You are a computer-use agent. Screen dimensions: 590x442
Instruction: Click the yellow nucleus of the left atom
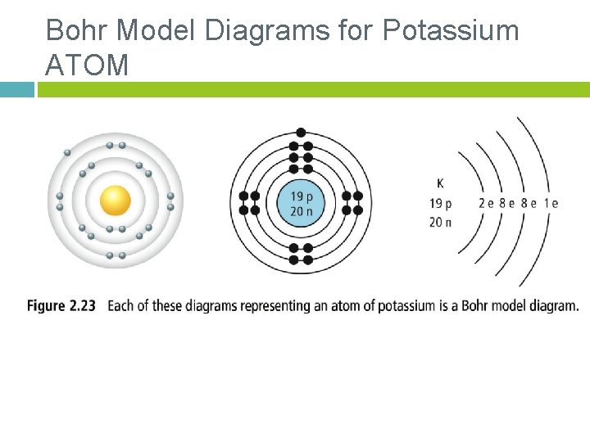[116, 201]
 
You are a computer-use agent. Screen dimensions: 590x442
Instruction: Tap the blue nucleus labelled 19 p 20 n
[301, 203]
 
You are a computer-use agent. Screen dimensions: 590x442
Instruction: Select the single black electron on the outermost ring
[301, 133]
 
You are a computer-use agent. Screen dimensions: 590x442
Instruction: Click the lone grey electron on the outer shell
[67, 152]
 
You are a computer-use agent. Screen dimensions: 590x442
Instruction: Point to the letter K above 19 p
[440, 183]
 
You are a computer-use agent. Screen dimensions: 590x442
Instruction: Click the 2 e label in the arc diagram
[486, 203]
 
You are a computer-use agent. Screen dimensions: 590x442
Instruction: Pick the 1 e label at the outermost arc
[551, 203]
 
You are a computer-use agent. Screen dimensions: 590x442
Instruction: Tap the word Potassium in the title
[451, 29]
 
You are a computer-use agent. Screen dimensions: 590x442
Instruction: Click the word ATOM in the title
[87, 65]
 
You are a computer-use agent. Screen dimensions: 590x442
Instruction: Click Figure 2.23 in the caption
[61, 305]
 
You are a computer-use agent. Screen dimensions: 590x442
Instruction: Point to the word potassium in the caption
[406, 306]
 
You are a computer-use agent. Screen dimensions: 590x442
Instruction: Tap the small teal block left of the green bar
[17, 90]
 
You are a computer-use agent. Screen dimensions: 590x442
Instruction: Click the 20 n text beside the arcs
[440, 222]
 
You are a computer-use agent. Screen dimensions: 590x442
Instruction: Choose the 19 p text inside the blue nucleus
[302, 196]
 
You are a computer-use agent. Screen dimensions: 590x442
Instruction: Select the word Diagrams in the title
[267, 31]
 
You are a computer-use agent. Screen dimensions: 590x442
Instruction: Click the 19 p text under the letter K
[440, 204]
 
